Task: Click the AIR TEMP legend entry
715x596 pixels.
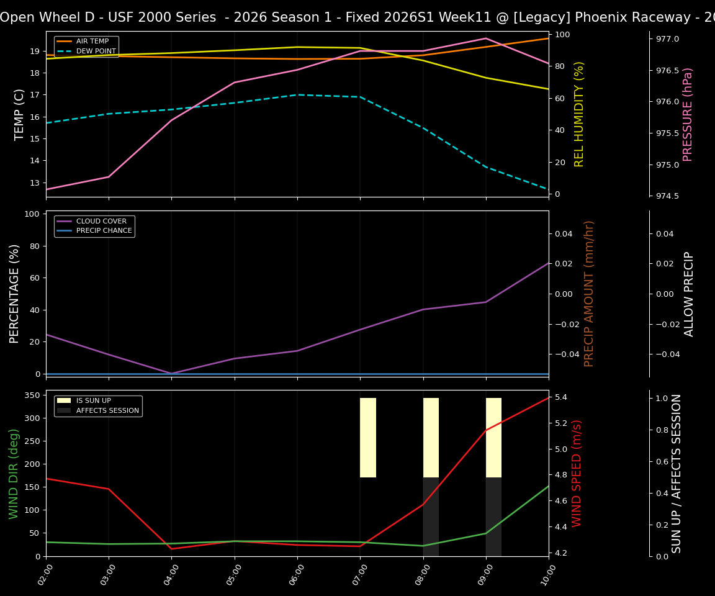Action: point(92,42)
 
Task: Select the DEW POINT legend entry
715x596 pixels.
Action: point(96,51)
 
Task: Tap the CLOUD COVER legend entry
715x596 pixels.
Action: point(101,221)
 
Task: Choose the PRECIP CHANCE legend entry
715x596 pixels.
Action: point(104,231)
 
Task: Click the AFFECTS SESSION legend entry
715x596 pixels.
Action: point(107,410)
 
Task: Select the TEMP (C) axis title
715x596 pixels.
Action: point(20,114)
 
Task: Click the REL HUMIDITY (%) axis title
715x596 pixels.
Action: point(579,114)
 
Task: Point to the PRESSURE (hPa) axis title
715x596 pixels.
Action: point(688,114)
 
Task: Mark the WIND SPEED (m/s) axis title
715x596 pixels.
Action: point(577,473)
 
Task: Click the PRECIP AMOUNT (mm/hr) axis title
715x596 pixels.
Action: point(589,294)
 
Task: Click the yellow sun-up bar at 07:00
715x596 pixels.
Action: point(368,438)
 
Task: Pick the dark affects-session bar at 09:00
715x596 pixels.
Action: point(493,517)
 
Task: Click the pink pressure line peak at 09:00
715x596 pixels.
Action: point(486,38)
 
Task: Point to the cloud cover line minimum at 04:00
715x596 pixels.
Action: point(172,373)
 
